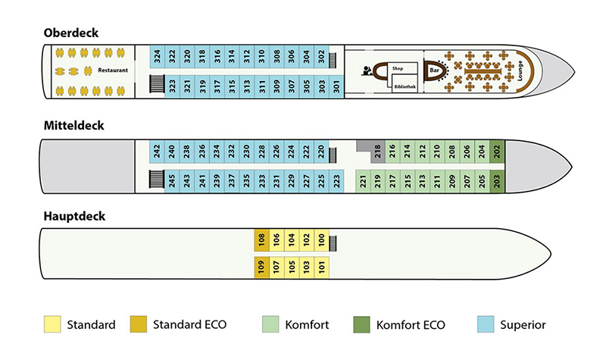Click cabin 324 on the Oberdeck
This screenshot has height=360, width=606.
(x=157, y=57)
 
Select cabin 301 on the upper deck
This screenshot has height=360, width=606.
(x=336, y=86)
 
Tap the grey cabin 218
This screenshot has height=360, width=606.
(x=378, y=152)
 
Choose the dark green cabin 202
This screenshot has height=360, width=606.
(x=497, y=152)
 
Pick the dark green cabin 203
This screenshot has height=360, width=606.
(x=497, y=182)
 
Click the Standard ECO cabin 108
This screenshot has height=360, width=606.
(x=261, y=241)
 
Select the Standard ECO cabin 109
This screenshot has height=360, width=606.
(x=261, y=268)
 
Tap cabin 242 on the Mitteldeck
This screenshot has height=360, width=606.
(x=157, y=152)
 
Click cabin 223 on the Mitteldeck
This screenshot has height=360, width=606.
(x=336, y=182)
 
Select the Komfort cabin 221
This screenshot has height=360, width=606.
(x=364, y=182)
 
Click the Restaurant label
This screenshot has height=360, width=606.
(x=113, y=70)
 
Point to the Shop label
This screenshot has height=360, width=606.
(x=398, y=68)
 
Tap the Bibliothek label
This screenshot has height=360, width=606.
(x=404, y=87)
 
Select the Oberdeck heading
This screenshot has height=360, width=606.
(x=71, y=33)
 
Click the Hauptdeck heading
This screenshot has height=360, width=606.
(x=74, y=216)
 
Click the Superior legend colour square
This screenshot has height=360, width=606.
(x=486, y=324)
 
